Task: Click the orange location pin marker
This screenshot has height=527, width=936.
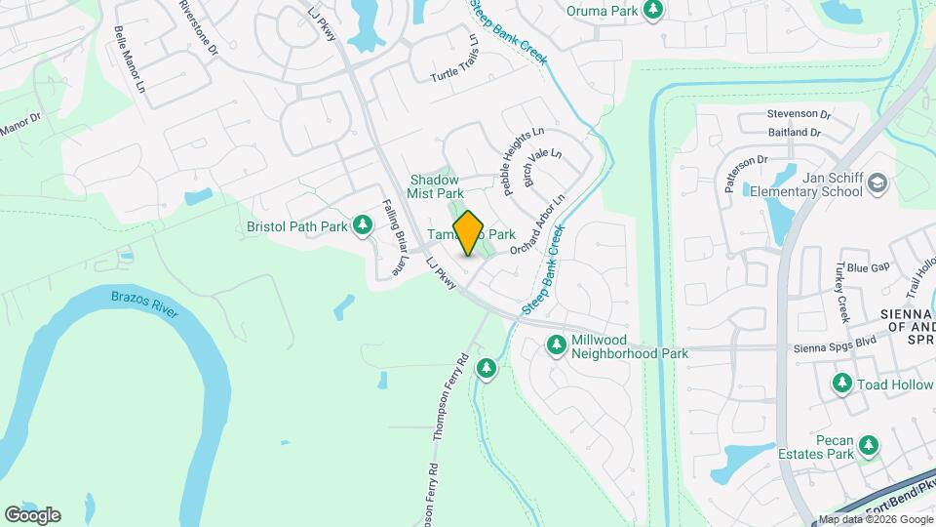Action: point(469,233)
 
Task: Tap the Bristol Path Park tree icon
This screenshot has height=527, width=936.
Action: point(363,226)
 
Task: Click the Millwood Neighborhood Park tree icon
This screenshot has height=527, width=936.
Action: point(557,345)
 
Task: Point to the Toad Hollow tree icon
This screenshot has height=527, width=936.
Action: point(841,385)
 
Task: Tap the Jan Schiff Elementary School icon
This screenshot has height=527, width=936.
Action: point(877,184)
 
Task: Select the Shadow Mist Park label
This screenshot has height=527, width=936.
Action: point(433,186)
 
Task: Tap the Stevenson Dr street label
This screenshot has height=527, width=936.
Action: point(798,114)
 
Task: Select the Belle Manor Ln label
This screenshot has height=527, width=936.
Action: point(129,60)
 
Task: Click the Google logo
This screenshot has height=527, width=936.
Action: point(32,515)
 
